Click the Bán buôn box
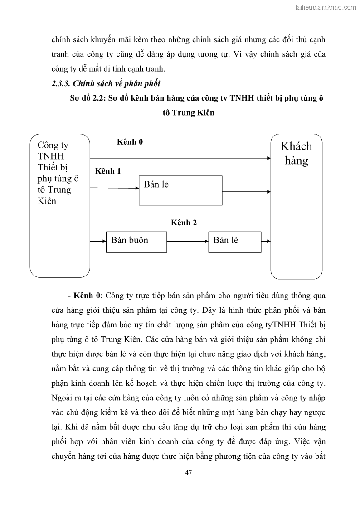click(136, 242)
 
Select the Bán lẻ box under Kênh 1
click(180, 190)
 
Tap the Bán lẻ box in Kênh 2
click(234, 242)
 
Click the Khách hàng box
click(297, 206)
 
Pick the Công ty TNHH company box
click(60, 205)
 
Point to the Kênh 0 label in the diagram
click(130, 142)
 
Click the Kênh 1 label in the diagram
click(108, 171)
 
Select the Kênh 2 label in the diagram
click(184, 223)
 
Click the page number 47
click(189, 472)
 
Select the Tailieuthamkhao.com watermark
click(325, 7)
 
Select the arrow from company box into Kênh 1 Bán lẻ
click(114, 186)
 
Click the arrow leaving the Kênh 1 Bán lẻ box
click(247, 191)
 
